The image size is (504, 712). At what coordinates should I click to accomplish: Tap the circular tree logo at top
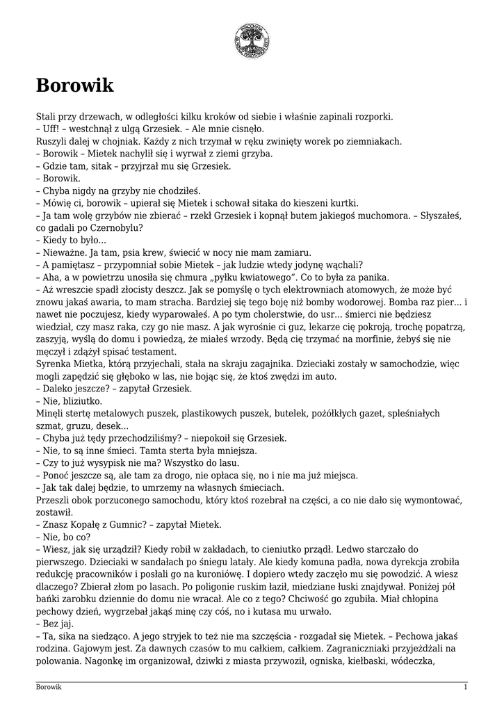[x=252, y=40]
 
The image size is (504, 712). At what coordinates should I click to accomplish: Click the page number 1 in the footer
[x=465, y=687]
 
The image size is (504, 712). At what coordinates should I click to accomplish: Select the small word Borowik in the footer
[x=49, y=687]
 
